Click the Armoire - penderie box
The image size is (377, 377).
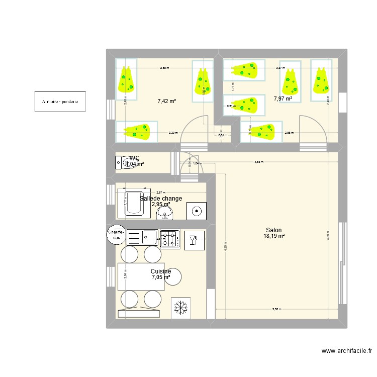(x=60, y=101)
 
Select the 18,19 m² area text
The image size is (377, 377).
(x=274, y=236)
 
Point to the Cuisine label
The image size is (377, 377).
(x=160, y=271)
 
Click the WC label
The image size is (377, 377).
(x=134, y=158)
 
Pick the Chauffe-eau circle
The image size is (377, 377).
(x=116, y=234)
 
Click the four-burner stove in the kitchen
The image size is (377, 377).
(x=170, y=239)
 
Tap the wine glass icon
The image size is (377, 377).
(x=192, y=239)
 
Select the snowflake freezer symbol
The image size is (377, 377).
(x=178, y=307)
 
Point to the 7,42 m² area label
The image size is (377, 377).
(x=166, y=101)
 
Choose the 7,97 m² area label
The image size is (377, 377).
(x=282, y=99)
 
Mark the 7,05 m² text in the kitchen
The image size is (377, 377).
(x=160, y=277)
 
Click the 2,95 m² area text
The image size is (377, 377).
(x=161, y=205)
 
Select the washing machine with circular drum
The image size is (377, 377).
(x=196, y=211)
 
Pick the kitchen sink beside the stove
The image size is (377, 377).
(x=143, y=237)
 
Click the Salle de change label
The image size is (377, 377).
(x=161, y=199)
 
